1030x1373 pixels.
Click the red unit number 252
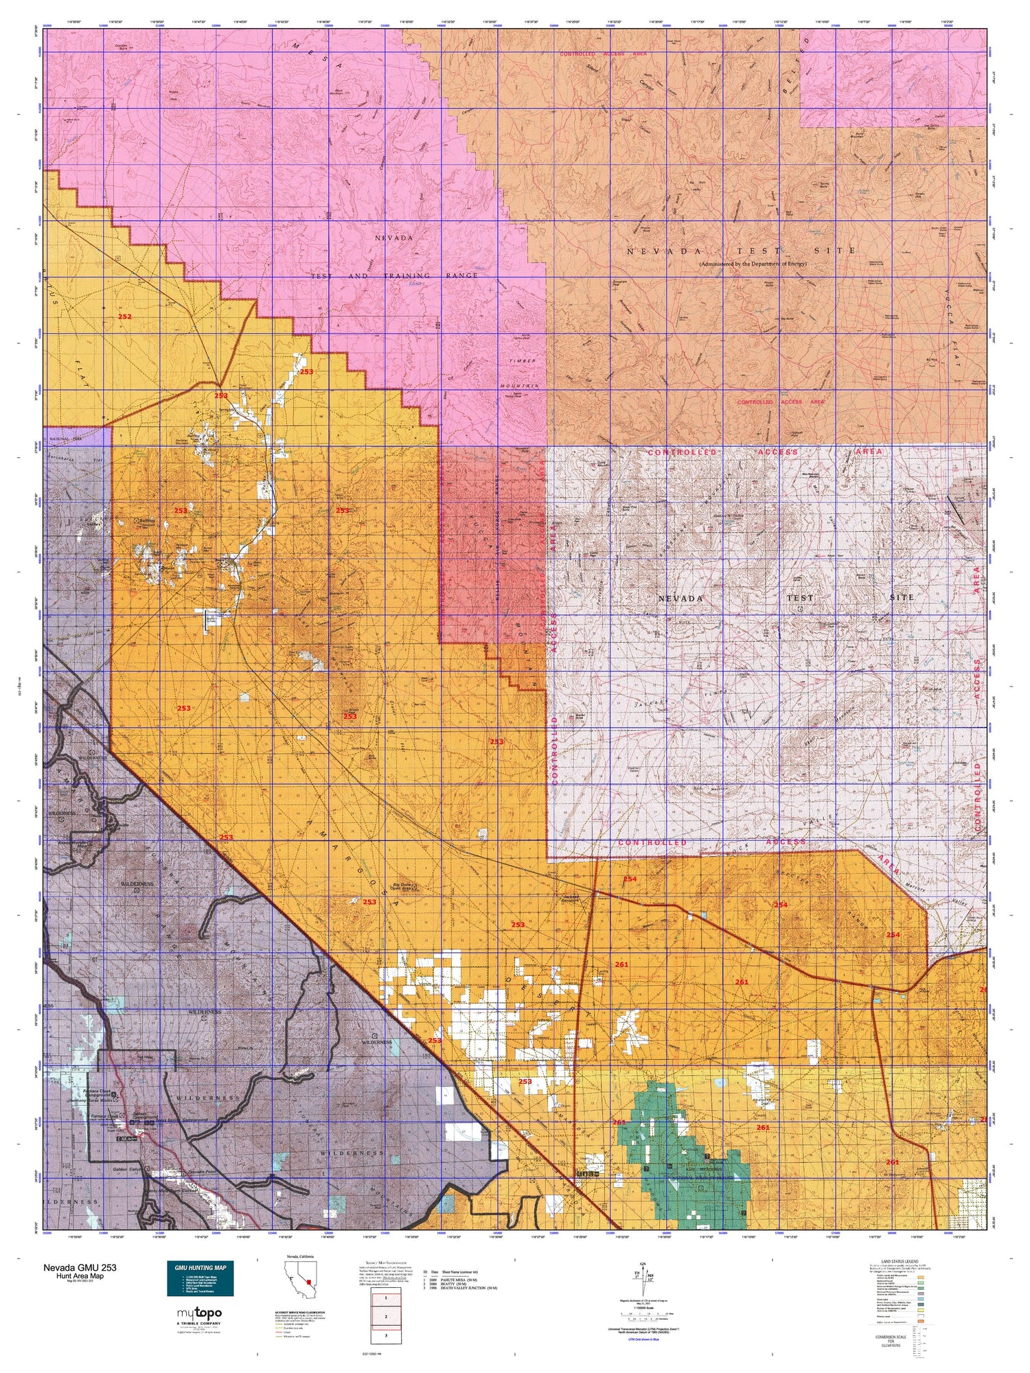[x=124, y=316]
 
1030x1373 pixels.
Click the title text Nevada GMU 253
[x=84, y=1268]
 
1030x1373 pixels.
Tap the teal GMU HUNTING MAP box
[x=200, y=1278]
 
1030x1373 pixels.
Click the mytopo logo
[x=200, y=1315]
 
